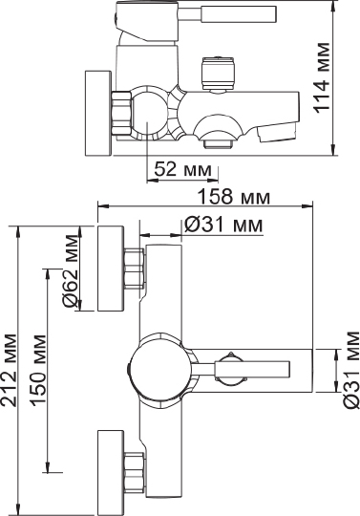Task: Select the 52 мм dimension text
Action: click(x=180, y=169)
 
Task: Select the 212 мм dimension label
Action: click(x=10, y=370)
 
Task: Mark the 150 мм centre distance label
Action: click(x=38, y=370)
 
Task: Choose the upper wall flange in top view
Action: click(x=111, y=269)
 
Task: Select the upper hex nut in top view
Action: click(x=134, y=268)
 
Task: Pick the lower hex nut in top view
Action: click(x=134, y=471)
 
